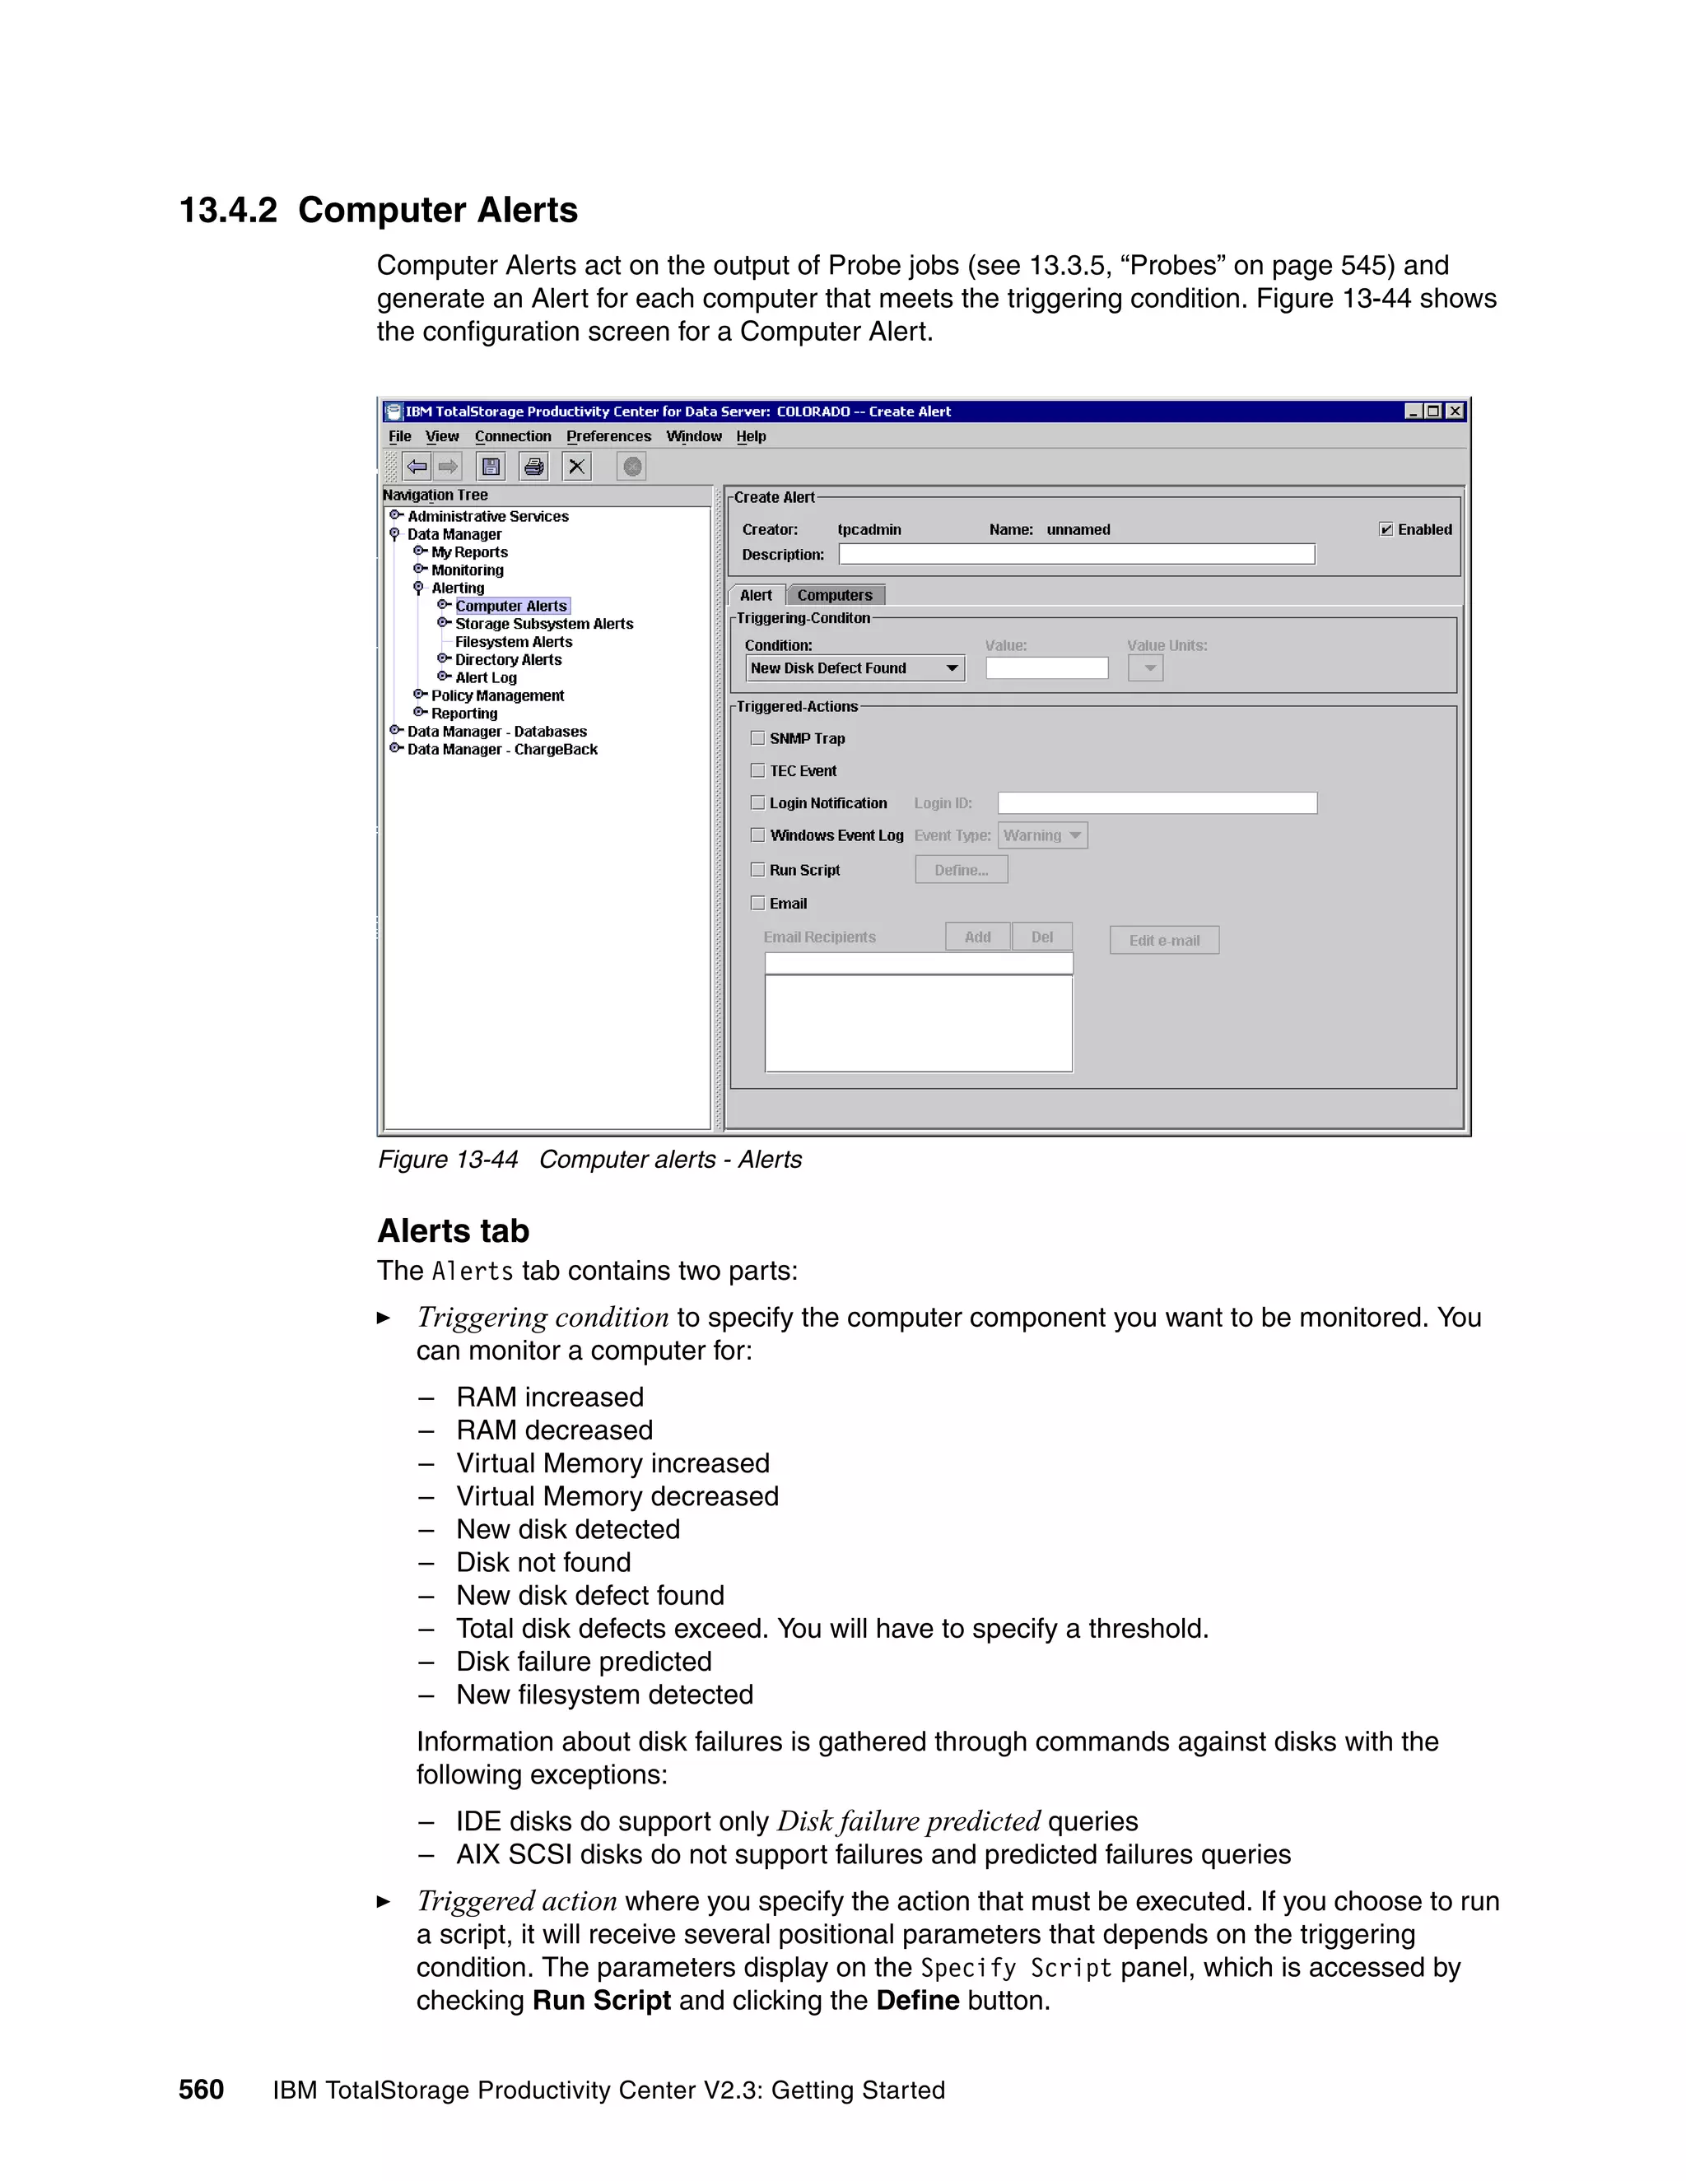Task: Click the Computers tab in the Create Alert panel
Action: (834, 595)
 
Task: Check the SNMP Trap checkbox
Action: (758, 738)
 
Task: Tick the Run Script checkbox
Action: (758, 870)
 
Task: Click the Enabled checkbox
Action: (1386, 529)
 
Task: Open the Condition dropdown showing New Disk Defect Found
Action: (952, 668)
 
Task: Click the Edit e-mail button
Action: (1163, 940)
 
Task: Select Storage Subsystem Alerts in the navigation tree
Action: (543, 624)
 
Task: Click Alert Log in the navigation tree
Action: (486, 678)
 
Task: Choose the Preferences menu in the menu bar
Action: (608, 436)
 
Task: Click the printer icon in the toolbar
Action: (534, 467)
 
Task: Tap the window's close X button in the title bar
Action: (1455, 412)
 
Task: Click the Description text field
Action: (1076, 554)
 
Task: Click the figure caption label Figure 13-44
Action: (448, 1160)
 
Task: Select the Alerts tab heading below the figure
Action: (453, 1230)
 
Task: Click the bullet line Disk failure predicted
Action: (584, 1662)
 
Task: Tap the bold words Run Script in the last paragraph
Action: (601, 2000)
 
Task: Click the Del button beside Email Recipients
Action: (1041, 937)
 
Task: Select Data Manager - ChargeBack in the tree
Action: (501, 750)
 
